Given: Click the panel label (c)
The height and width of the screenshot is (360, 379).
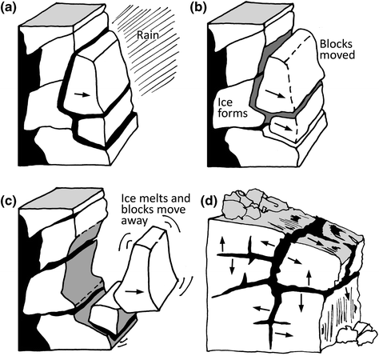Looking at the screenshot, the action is pyautogui.click(x=8, y=201).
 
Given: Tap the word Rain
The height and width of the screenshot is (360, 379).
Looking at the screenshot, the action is pyautogui.click(x=148, y=35).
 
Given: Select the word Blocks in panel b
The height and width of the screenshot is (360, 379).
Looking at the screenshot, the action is pyautogui.click(x=336, y=43).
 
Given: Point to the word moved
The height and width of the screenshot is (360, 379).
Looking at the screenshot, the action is pyautogui.click(x=337, y=54).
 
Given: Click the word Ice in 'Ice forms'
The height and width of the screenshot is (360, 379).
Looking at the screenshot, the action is pyautogui.click(x=225, y=102).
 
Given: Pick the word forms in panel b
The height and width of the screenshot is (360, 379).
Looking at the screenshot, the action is pyautogui.click(x=233, y=113).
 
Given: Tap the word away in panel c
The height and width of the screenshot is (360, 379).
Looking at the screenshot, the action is pyautogui.click(x=134, y=221).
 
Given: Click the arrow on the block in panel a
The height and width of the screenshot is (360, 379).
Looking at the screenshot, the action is pyautogui.click(x=82, y=94).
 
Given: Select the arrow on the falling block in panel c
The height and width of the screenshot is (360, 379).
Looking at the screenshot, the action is pyautogui.click(x=134, y=292).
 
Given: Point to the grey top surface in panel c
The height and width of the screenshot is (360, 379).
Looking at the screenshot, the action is pyautogui.click(x=62, y=198).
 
